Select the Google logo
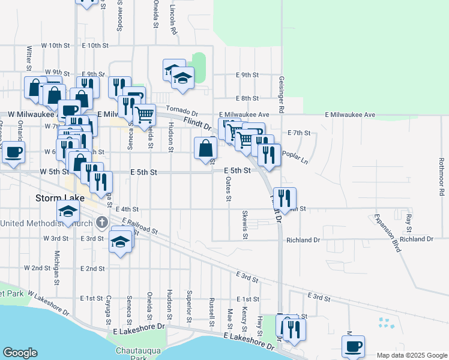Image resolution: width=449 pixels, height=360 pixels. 20,353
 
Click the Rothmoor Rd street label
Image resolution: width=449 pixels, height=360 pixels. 441,176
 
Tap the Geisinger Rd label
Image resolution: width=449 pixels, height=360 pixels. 280,95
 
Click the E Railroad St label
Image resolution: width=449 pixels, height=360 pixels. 139,226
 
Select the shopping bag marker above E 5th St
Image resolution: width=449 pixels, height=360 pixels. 205,147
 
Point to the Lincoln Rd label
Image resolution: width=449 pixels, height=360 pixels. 172,19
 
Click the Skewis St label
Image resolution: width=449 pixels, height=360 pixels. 245,224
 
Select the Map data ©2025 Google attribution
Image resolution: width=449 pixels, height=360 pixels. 412,355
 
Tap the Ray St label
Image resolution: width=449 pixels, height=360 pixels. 408,223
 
